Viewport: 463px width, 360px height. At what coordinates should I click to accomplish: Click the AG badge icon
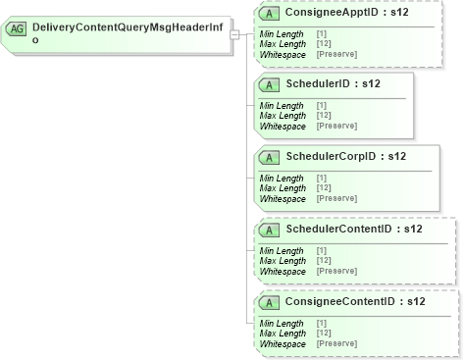click(x=18, y=29)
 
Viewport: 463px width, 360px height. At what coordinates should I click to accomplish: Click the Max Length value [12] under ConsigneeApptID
click(x=324, y=43)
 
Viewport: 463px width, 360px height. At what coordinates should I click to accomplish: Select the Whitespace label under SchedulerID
click(x=283, y=126)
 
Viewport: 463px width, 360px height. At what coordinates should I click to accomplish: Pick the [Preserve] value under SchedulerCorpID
click(x=336, y=198)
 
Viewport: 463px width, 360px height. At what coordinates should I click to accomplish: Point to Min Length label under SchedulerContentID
click(x=282, y=251)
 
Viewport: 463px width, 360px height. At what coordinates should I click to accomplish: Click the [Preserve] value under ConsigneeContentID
click(x=336, y=343)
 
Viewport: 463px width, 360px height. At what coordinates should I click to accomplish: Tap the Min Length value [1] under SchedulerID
click(x=322, y=106)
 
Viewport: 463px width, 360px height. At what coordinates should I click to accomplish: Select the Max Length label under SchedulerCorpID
click(x=282, y=188)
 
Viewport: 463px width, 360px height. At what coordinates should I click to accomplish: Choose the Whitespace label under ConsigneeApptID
click(x=283, y=53)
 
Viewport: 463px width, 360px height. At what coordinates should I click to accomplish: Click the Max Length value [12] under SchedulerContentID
click(x=324, y=261)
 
